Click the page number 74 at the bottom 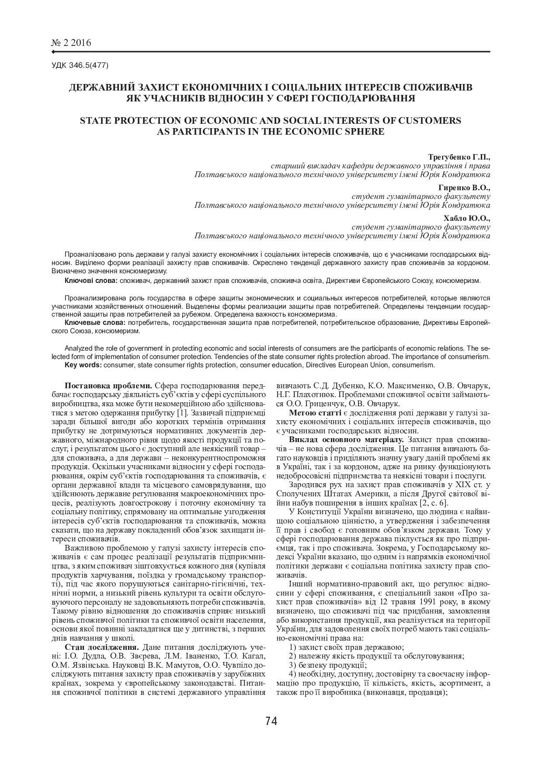click(271, 721)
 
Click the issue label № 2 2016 click(71, 43)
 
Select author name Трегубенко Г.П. click(459, 157)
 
